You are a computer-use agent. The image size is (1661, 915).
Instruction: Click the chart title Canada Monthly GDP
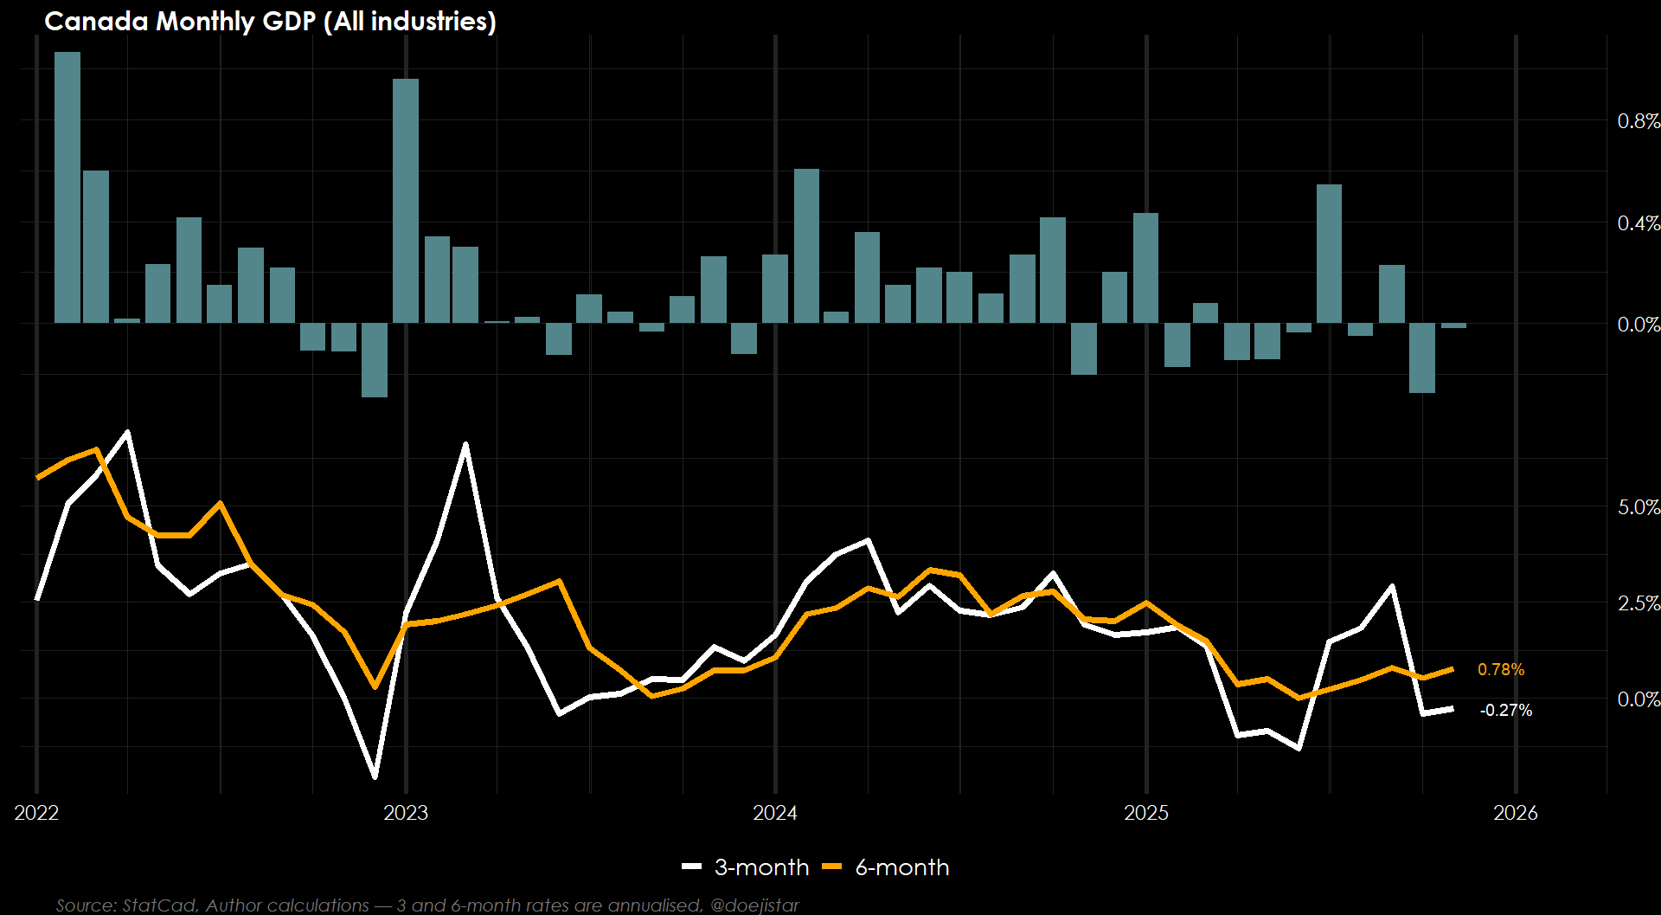click(270, 21)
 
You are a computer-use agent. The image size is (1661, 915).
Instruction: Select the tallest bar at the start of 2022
click(67, 187)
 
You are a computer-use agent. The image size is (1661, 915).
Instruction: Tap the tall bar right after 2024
click(806, 246)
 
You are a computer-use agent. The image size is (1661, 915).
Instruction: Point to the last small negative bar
click(1453, 326)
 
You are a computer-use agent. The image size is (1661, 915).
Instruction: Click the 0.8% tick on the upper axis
click(1638, 121)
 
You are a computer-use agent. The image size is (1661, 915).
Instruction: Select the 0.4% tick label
click(1638, 223)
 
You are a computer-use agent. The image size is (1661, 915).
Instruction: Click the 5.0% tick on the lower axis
click(1638, 507)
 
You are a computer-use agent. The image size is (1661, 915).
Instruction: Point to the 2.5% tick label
click(1638, 603)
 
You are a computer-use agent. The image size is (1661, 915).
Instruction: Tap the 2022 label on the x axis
click(36, 813)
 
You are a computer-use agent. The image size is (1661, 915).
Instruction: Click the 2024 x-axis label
click(775, 813)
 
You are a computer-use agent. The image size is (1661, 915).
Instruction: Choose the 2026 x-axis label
click(1516, 813)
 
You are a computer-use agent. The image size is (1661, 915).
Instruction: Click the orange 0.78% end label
click(1501, 670)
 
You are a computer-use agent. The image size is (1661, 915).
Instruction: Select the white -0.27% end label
click(1506, 711)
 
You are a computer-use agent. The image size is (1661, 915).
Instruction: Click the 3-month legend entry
click(746, 867)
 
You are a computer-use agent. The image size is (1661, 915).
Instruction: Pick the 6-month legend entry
click(886, 867)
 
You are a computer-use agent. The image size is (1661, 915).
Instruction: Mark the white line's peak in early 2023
click(465, 444)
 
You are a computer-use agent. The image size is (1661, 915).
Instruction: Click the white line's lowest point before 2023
click(375, 776)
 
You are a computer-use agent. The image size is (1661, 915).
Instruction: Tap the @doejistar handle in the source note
click(754, 905)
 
